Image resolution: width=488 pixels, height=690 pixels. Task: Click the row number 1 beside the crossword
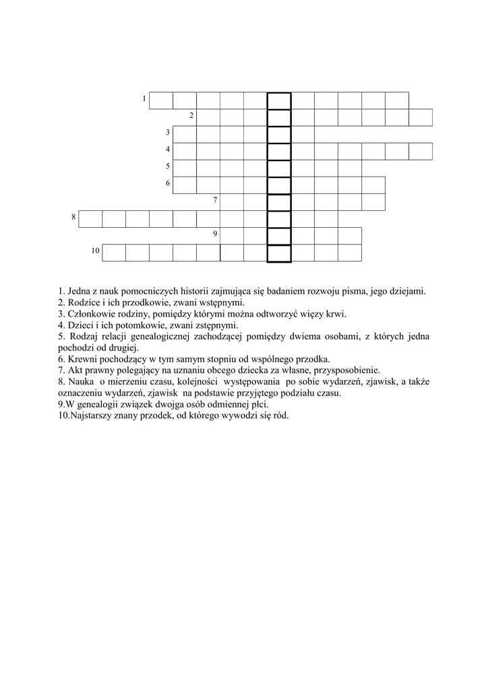[x=144, y=99]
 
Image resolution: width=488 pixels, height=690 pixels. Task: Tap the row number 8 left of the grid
[x=73, y=217]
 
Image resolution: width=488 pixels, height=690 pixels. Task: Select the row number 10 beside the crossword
[x=96, y=251]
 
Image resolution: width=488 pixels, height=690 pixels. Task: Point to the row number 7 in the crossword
[x=214, y=200]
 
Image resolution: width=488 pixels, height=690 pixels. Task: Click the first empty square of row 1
[x=161, y=100]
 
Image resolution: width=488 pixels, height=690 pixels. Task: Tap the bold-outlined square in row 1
[x=279, y=100]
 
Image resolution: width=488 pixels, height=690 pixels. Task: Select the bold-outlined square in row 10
[x=279, y=253]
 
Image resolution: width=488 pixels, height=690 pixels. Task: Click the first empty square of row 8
[x=90, y=219]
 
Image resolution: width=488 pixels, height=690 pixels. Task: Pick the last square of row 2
[x=420, y=117]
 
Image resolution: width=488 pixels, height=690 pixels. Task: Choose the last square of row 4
[x=420, y=151]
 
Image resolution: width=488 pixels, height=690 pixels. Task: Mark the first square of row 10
[x=114, y=253]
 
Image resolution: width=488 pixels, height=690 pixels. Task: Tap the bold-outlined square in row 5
[x=279, y=168]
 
